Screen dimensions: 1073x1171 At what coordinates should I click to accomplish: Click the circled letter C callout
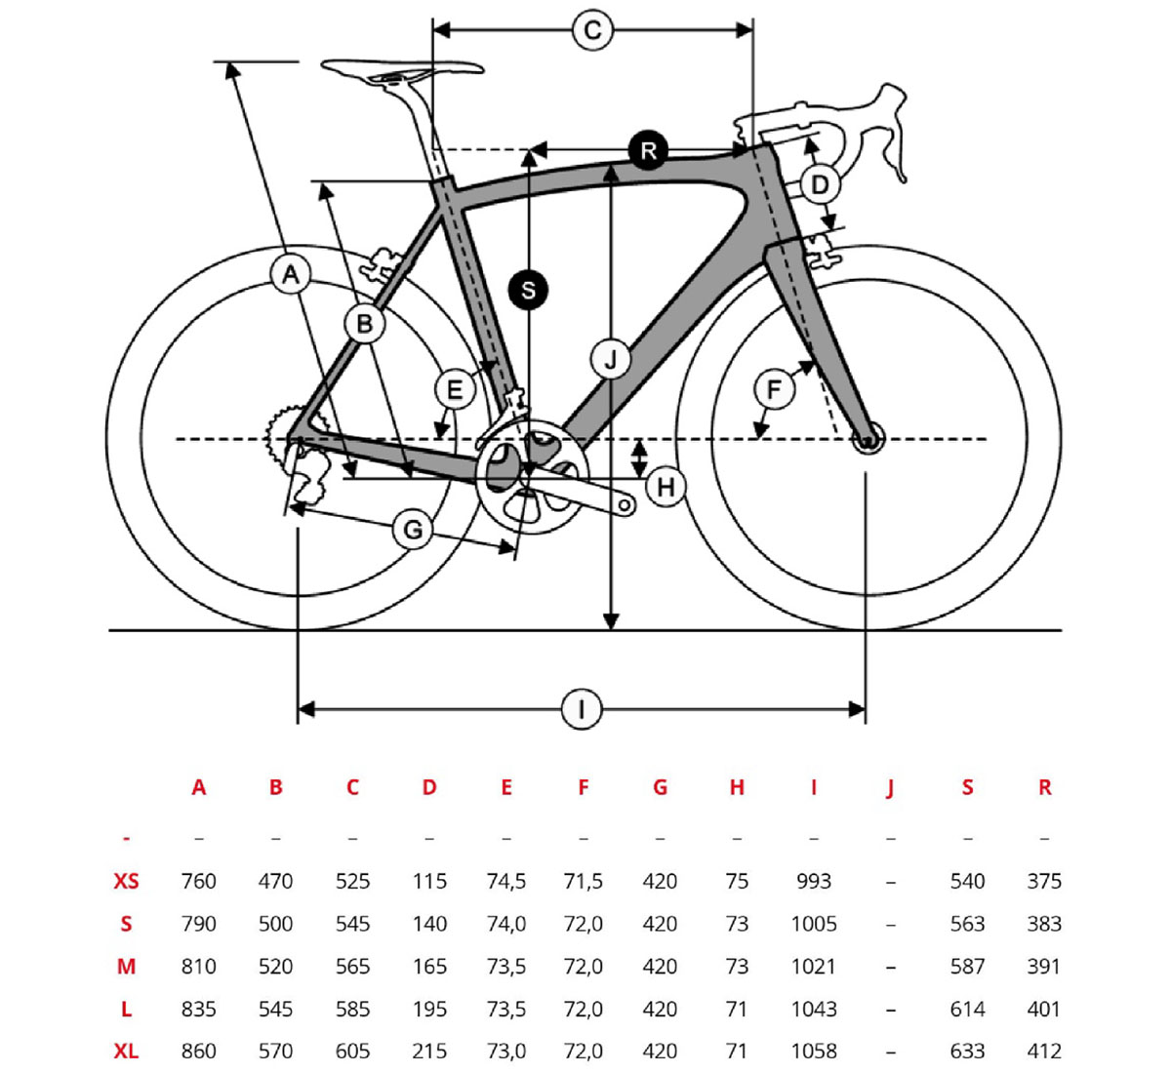pyautogui.click(x=592, y=30)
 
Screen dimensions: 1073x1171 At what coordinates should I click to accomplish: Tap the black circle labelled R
pyautogui.click(x=648, y=150)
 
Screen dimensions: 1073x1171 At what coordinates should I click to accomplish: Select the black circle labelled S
pyautogui.click(x=528, y=290)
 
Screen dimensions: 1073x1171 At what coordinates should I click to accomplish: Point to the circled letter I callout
pyautogui.click(x=582, y=709)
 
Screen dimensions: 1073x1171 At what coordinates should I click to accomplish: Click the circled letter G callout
pyautogui.click(x=413, y=531)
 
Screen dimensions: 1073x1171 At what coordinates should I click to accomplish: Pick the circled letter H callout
pyautogui.click(x=666, y=486)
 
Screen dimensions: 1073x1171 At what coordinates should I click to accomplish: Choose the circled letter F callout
pyautogui.click(x=774, y=390)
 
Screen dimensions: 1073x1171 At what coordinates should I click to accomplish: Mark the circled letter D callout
pyautogui.click(x=820, y=184)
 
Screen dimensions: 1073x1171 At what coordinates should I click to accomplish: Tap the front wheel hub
pyautogui.click(x=868, y=440)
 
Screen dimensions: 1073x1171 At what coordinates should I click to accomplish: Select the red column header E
pyautogui.click(x=505, y=787)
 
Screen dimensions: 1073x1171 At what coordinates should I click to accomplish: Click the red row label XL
pyautogui.click(x=126, y=1051)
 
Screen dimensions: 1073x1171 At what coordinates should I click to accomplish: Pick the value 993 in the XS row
pyautogui.click(x=813, y=881)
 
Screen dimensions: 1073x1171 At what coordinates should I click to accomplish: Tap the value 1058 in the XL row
pyautogui.click(x=813, y=1051)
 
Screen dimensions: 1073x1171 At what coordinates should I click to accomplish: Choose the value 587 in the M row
pyautogui.click(x=967, y=966)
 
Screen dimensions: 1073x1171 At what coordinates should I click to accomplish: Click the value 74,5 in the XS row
pyautogui.click(x=505, y=881)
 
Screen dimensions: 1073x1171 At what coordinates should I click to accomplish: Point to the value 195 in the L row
pyautogui.click(x=429, y=1009)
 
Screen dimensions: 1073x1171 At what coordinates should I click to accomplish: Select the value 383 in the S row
pyautogui.click(x=1044, y=924)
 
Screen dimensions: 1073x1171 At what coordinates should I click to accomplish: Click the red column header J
pyautogui.click(x=890, y=788)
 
